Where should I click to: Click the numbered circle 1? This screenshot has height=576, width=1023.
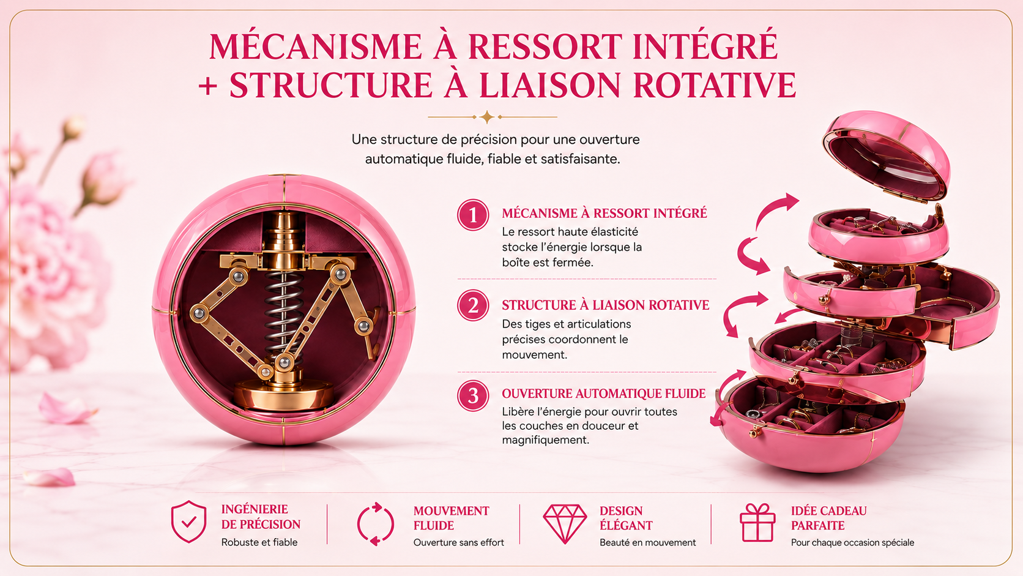473,215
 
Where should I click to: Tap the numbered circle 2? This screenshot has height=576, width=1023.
473,305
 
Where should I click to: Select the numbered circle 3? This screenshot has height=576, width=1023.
473,395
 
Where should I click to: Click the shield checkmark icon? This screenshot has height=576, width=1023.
188,521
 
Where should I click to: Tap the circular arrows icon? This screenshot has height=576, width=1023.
376,524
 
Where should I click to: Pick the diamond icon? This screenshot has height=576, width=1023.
565,523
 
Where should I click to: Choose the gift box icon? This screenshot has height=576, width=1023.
757,523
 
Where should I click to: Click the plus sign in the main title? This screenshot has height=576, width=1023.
208,86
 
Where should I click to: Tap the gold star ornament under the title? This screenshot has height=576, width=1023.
487,117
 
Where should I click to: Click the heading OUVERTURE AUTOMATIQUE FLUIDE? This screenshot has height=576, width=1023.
603,394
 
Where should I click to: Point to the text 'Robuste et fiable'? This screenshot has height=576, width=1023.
259,542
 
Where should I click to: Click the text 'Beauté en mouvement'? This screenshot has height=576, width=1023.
647,542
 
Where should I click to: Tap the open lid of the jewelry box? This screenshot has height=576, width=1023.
887,155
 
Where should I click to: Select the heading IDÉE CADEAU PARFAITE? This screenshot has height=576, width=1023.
828,518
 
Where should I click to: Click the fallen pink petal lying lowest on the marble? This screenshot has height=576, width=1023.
50,478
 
